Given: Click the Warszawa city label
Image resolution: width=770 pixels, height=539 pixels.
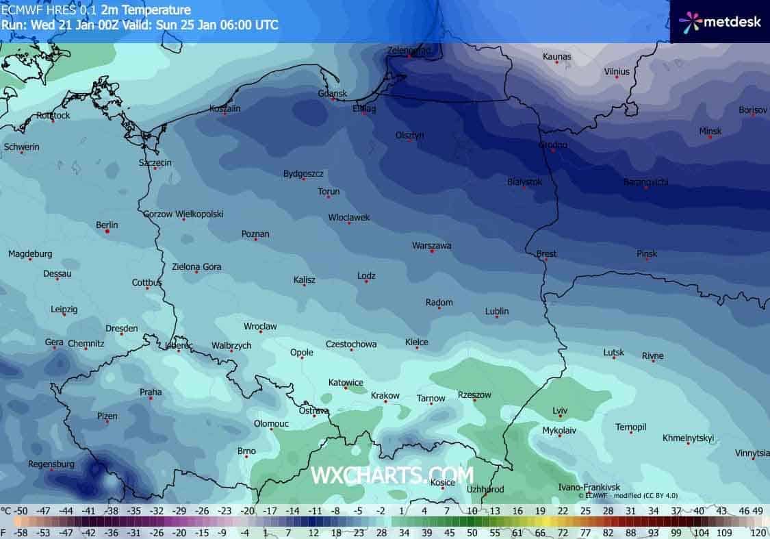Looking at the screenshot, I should click(431, 245).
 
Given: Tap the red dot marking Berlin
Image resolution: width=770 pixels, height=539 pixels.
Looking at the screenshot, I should click(107, 231).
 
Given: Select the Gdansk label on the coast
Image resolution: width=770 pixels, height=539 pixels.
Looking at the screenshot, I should click(333, 93).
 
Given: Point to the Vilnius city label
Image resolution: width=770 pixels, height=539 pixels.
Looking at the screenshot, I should click(617, 71).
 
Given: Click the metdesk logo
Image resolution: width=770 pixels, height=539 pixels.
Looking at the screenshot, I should click(720, 21).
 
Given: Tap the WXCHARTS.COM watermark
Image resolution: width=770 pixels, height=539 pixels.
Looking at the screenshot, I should click(392, 475).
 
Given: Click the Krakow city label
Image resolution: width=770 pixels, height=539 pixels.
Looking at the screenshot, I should click(385, 395).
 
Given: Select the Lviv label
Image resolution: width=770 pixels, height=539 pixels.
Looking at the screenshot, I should click(560, 410).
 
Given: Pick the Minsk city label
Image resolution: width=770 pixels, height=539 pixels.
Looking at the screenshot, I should click(710, 131).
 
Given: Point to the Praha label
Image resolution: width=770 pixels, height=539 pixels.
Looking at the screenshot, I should click(151, 392).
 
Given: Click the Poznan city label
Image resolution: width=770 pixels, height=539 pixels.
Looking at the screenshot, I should click(255, 234).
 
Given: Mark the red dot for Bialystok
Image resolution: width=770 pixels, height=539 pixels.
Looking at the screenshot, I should click(525, 188).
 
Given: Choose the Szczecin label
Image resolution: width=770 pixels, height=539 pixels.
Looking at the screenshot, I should click(155, 162).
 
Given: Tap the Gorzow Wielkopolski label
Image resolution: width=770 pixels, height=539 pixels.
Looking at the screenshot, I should click(183, 214).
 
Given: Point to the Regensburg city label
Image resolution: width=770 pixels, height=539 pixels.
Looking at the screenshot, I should click(51, 464).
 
